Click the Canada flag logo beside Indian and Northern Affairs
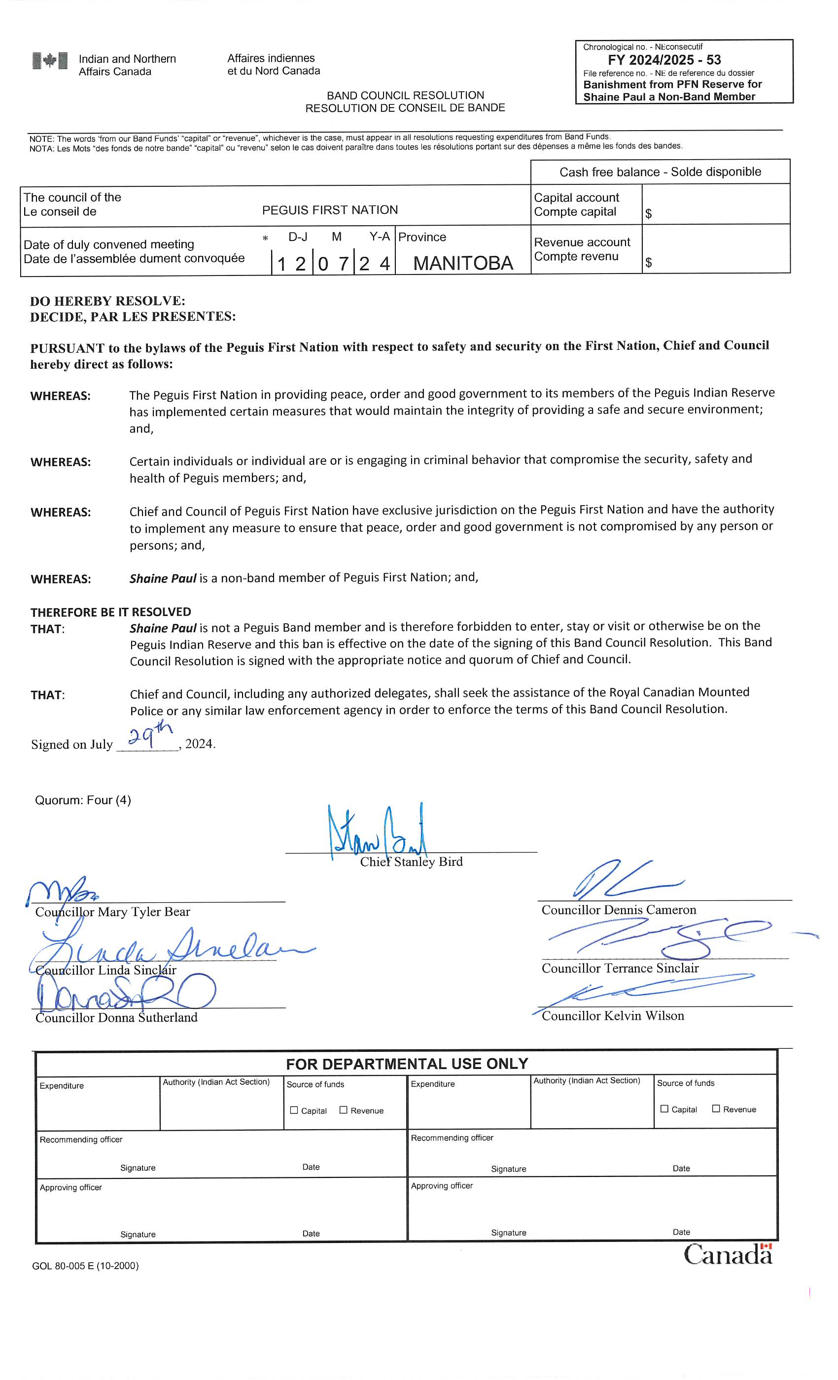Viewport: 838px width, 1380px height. (x=50, y=61)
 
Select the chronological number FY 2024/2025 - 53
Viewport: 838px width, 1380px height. (x=664, y=60)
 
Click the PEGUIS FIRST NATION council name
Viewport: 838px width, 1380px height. (x=330, y=210)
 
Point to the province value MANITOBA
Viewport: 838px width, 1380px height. (x=463, y=263)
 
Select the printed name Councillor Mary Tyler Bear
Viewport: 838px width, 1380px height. (x=112, y=912)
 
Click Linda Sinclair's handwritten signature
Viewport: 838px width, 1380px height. (x=168, y=946)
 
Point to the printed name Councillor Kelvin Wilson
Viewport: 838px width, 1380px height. (x=613, y=1016)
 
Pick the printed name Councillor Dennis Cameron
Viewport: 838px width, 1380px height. (x=619, y=910)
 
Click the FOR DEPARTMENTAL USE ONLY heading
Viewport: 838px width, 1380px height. (x=407, y=1064)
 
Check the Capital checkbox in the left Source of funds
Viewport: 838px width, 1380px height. (x=294, y=1110)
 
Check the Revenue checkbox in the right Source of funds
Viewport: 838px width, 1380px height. (x=715, y=1108)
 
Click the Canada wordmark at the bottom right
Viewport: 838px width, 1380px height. (x=728, y=1254)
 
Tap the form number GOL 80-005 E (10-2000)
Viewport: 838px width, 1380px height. (x=85, y=1266)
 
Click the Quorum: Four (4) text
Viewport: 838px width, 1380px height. (x=83, y=800)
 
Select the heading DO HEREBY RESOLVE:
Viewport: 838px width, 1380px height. (x=107, y=301)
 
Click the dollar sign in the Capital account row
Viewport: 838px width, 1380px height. (x=649, y=214)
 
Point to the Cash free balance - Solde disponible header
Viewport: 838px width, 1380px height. (x=660, y=172)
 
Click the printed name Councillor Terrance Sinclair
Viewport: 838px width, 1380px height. (x=620, y=968)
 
